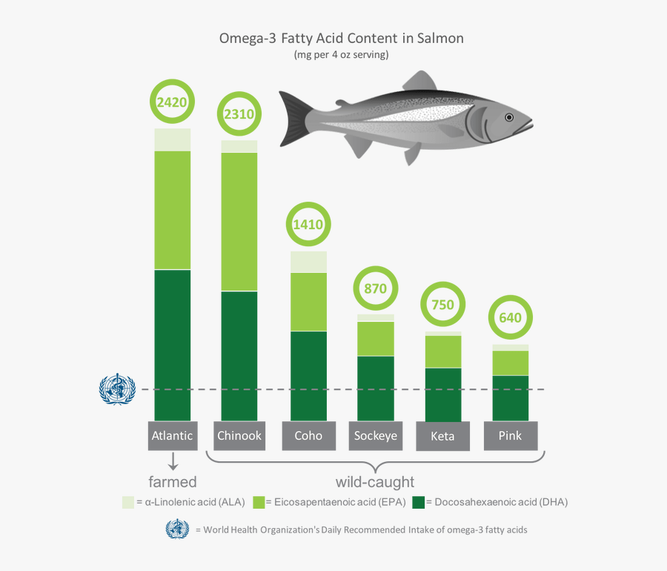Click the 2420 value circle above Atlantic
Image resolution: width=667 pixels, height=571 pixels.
coord(172,102)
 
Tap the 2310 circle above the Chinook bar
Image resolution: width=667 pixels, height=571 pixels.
coord(239,115)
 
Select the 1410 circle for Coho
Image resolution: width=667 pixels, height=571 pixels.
coord(308,225)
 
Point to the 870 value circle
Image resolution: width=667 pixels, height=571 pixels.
coord(375,288)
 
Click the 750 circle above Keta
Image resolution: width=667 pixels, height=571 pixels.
coord(443,305)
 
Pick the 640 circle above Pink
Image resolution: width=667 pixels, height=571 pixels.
coord(511,318)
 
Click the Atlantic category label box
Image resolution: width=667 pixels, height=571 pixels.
coord(172,436)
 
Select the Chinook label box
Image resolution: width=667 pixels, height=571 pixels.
coord(239,436)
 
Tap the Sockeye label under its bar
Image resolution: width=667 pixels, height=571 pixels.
coord(375,436)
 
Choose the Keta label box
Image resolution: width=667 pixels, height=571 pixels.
coord(443,437)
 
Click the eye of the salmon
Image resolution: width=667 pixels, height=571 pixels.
coord(509,117)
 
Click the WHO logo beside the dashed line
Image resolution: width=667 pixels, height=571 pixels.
coord(117,389)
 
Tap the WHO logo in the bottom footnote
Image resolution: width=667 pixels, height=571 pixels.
coord(177,529)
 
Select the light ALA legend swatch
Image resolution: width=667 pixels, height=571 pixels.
coord(128,502)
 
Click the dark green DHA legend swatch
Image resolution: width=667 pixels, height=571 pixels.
coord(419,502)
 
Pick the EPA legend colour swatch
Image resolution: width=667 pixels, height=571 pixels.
coord(259,502)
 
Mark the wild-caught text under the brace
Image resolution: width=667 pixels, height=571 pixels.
coord(375,483)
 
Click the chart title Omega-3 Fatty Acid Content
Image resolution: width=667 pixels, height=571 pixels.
coord(341,38)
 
